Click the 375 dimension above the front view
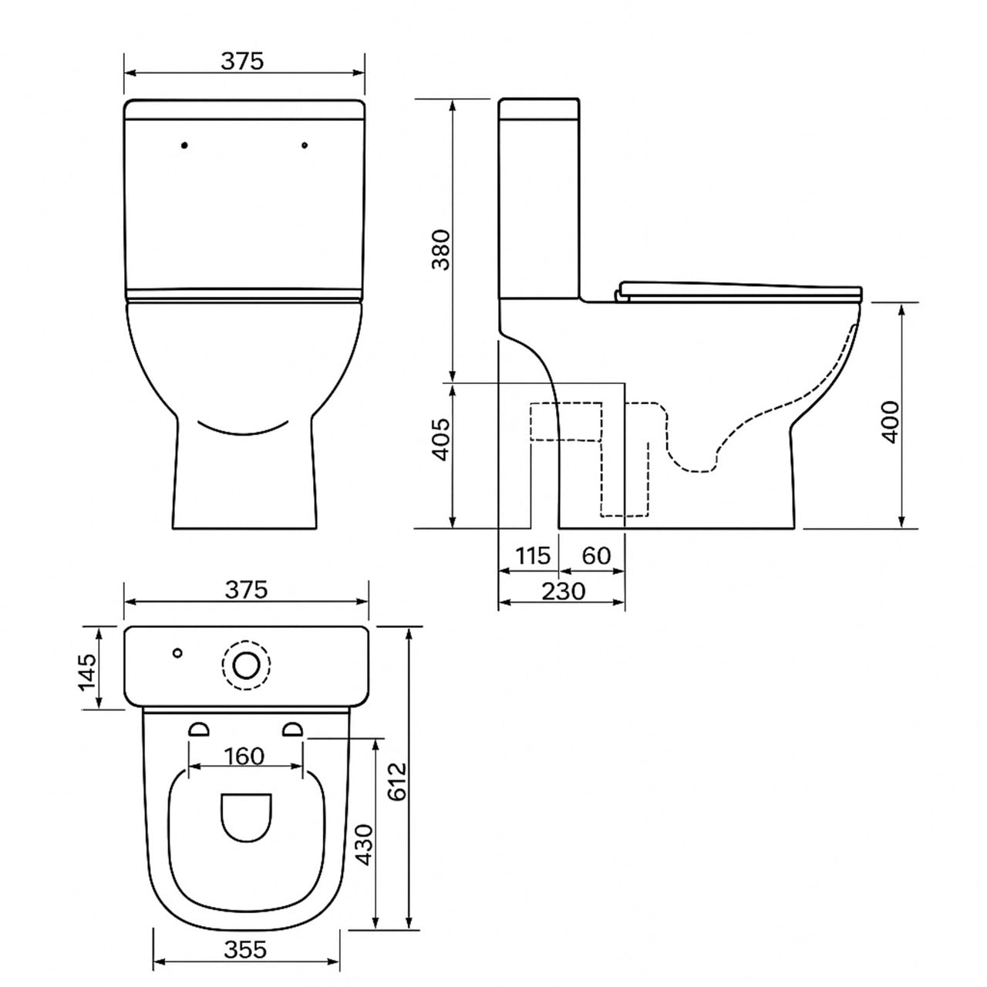[x=243, y=62]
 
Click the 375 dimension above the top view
[x=246, y=590]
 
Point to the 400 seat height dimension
[x=891, y=421]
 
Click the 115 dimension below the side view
[x=533, y=555]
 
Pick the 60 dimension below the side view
[x=596, y=555]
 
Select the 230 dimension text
[x=564, y=591]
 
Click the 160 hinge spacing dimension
[x=246, y=756]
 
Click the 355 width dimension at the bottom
[x=246, y=949]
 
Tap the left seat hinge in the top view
[x=199, y=729]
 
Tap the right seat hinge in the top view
[x=293, y=729]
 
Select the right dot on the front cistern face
[x=305, y=144]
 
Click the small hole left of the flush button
[x=178, y=653]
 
